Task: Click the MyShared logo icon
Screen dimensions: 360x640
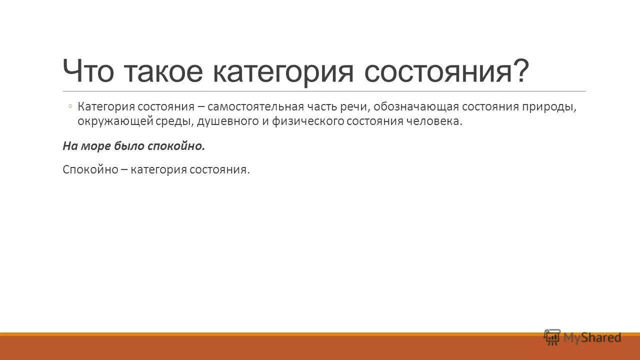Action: [x=552, y=337]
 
